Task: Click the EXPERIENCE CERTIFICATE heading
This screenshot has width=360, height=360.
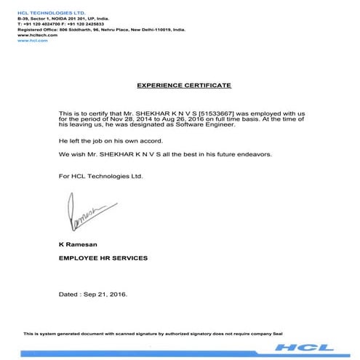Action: coord(184,85)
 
